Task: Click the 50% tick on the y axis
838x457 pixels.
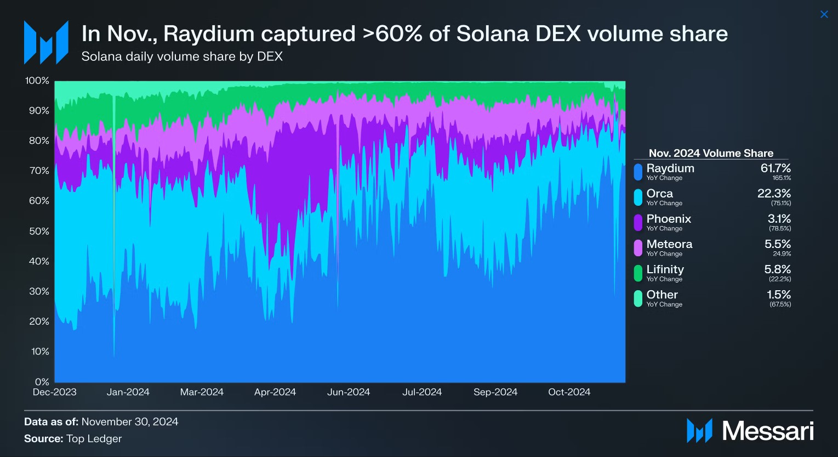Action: [x=39, y=231]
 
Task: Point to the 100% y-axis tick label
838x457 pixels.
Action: [x=37, y=81]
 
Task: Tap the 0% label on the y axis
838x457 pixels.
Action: [x=42, y=382]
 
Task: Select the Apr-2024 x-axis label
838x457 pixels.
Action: [x=275, y=392]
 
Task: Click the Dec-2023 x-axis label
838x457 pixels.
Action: [x=55, y=392]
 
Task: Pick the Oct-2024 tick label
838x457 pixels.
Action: [x=569, y=392]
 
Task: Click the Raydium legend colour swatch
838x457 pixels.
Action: [x=638, y=172]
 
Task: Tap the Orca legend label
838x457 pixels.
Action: [x=659, y=194]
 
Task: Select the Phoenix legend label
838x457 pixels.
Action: [x=669, y=219]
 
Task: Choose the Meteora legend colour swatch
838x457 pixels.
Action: [x=638, y=247]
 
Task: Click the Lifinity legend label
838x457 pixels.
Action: [x=665, y=269]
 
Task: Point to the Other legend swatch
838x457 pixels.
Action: [x=638, y=298]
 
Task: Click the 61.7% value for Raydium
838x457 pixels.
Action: [x=776, y=168]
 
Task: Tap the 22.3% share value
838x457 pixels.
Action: [x=774, y=194]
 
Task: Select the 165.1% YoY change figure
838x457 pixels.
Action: [x=782, y=178]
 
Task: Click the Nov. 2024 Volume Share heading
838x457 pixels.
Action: [x=711, y=153]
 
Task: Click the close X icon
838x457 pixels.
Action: [x=824, y=15]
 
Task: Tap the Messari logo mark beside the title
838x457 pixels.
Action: [x=46, y=42]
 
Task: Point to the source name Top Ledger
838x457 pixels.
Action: [x=94, y=438]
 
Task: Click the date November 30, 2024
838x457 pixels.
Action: [x=130, y=422]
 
